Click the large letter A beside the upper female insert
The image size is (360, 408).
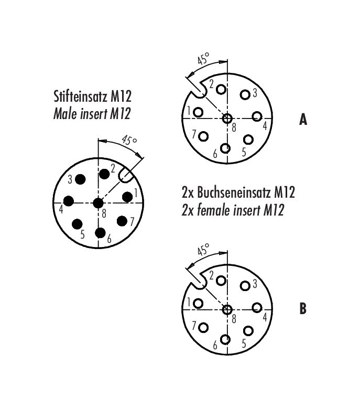pos(303,120)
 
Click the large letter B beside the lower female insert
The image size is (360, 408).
pos(303,308)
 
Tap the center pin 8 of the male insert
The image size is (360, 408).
pos(98,203)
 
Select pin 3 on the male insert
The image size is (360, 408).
pos(80,179)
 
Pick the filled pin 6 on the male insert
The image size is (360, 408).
pos(100,233)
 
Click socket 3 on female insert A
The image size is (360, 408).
pos(245,94)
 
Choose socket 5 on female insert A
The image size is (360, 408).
pos(248,139)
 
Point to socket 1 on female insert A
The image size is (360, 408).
pos(198,112)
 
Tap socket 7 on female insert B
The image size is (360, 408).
pos(203,328)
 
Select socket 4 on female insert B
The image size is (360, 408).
pos(257,307)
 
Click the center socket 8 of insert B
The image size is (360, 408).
pos(227,309)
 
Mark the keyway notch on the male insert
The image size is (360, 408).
pos(126,175)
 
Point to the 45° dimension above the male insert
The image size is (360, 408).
pos(129,140)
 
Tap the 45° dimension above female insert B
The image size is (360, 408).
pos(203,249)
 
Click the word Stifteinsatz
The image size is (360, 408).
pos(80,96)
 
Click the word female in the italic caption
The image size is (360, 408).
pos(214,210)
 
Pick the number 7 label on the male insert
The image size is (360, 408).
pos(132,222)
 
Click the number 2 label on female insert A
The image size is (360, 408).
pos(211,84)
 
